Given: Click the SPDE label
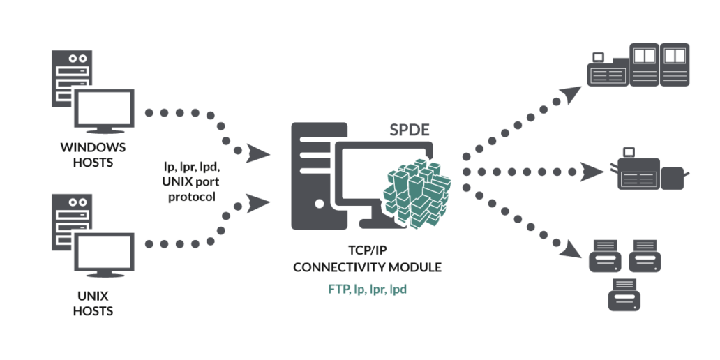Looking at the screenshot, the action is click(409, 130).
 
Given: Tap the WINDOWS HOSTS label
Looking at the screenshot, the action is click(93, 155).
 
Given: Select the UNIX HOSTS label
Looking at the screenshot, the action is click(93, 303).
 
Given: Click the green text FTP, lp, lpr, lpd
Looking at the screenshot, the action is click(368, 290).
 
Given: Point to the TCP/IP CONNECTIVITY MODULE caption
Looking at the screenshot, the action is click(368, 259).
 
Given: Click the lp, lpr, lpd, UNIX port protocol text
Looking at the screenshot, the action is click(190, 181).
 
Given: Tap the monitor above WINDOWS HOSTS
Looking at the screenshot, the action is click(105, 111).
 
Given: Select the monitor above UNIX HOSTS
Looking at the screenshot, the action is click(105, 255).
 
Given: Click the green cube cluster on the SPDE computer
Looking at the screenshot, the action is click(417, 193).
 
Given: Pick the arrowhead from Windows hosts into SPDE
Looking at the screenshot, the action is click(257, 153).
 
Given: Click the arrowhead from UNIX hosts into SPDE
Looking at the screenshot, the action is click(257, 203).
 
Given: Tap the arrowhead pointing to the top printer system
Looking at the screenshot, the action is click(570, 94).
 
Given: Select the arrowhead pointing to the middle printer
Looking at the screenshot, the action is click(592, 172).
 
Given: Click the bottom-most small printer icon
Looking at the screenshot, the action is click(624, 295).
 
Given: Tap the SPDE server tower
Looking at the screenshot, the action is click(319, 176).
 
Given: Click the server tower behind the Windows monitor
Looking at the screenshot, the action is click(72, 79).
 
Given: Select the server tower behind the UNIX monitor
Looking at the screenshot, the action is click(72, 223).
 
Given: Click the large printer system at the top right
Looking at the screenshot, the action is click(639, 65).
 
